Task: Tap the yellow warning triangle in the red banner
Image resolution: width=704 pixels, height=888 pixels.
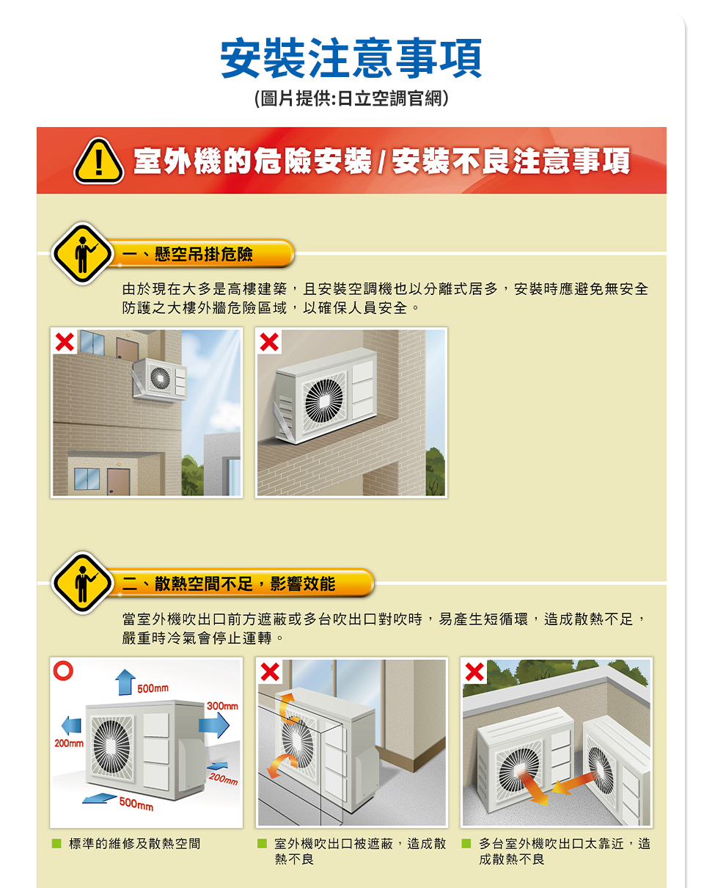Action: pos(98,161)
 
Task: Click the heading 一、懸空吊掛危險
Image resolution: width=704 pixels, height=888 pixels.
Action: pos(188,254)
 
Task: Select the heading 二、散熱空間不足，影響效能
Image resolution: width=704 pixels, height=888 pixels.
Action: pos(229,583)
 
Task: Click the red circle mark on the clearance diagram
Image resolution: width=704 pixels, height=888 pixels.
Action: pos(63,671)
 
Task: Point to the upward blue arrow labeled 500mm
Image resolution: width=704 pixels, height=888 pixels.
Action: pos(125,682)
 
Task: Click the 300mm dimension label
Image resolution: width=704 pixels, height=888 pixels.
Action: pos(222,705)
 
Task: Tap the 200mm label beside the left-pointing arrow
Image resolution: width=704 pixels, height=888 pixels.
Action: pos(69,743)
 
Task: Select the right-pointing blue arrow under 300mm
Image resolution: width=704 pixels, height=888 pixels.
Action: pos(214,724)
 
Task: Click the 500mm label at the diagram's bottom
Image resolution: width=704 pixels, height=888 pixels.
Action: pos(136,803)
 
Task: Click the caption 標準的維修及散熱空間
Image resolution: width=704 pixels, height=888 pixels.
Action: pos(134,843)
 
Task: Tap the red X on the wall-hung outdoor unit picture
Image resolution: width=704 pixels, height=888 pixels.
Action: pos(65,342)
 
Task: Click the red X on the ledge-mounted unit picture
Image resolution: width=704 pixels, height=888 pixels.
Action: pos(269,342)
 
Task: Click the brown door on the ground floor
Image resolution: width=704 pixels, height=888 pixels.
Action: pos(118,481)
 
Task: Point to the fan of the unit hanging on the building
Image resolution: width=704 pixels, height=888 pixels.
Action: pos(160,377)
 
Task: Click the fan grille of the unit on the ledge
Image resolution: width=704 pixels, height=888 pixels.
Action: pos(324,401)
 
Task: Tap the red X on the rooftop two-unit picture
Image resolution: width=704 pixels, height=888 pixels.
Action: pos(474,672)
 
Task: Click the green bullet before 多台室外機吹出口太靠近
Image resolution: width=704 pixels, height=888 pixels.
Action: pos(466,843)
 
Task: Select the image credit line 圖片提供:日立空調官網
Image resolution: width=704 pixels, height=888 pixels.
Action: pos(351,98)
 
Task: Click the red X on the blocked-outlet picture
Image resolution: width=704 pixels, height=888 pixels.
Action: pos(270,672)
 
